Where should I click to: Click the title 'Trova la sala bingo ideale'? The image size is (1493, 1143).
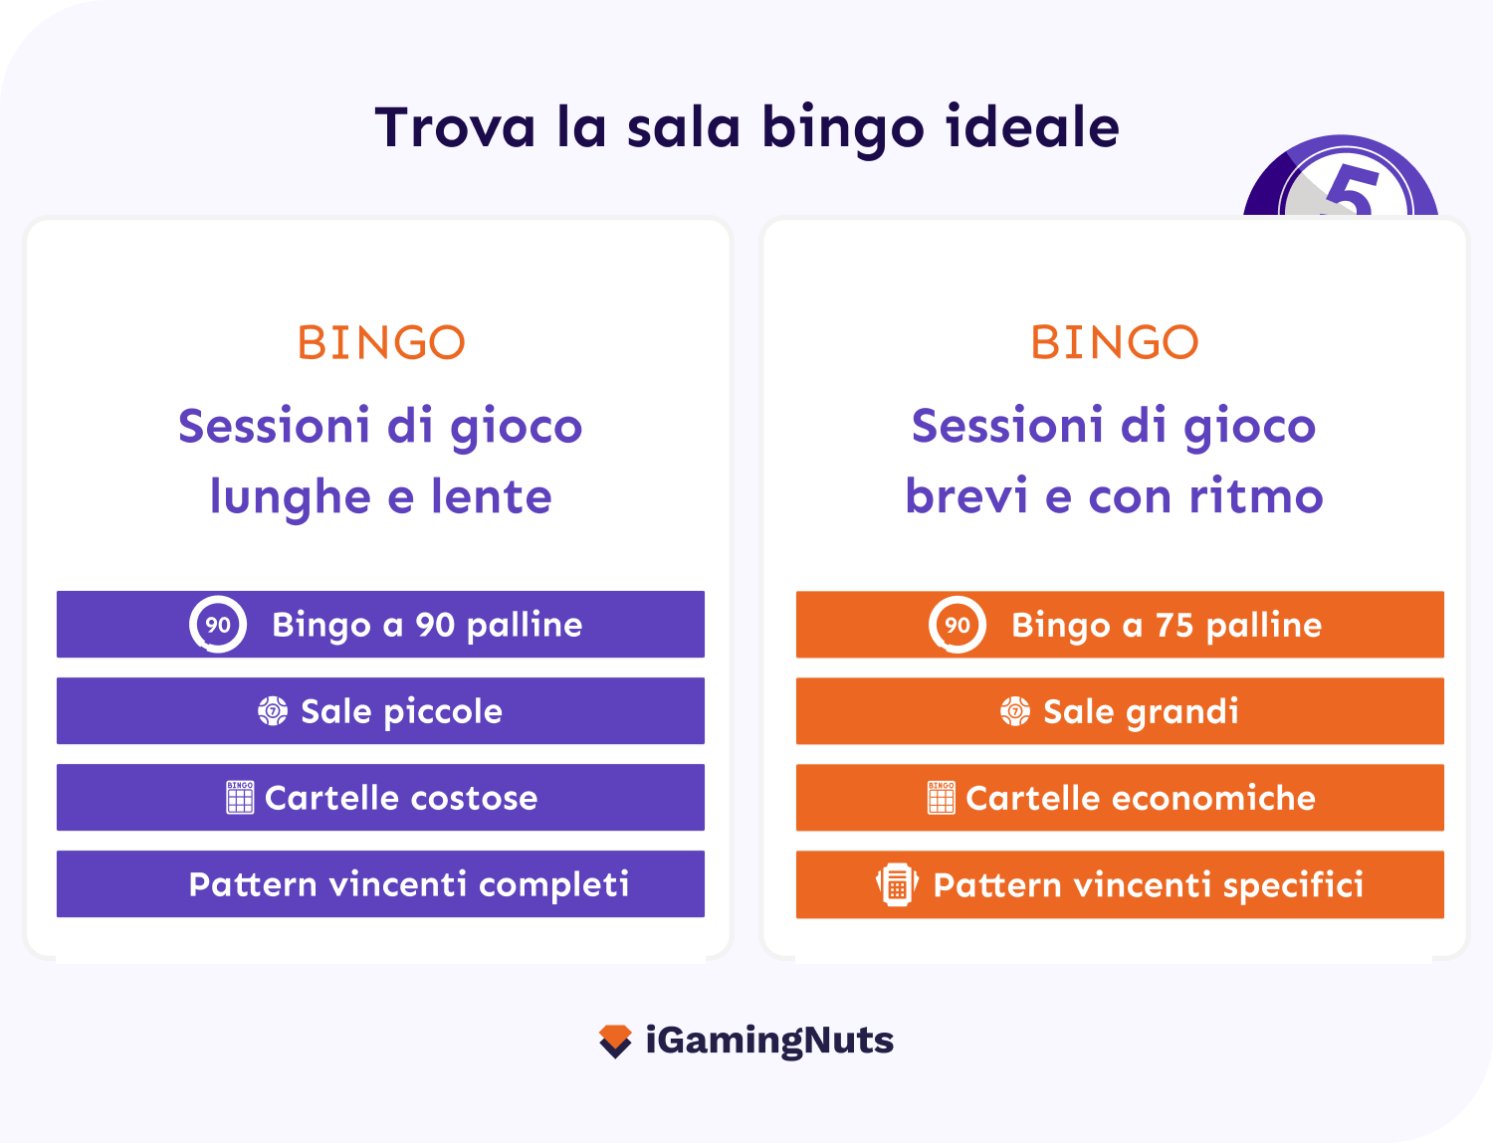(x=746, y=127)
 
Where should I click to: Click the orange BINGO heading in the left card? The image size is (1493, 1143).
(x=381, y=343)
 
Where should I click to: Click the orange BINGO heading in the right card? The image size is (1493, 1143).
(x=1114, y=343)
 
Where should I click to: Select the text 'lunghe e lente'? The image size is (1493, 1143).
(x=380, y=496)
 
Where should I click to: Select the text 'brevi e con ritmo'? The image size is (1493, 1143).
(x=1114, y=496)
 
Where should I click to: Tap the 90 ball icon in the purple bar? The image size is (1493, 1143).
(x=218, y=625)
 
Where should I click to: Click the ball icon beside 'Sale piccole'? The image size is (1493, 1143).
(x=272, y=711)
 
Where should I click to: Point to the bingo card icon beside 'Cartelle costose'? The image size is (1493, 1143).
(x=240, y=798)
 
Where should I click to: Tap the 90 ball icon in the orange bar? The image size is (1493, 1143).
(x=957, y=625)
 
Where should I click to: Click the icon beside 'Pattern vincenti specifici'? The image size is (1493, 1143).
(x=897, y=884)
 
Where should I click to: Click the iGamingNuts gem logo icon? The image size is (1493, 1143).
(x=615, y=1042)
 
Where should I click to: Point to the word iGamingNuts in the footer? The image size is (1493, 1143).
(x=769, y=1041)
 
